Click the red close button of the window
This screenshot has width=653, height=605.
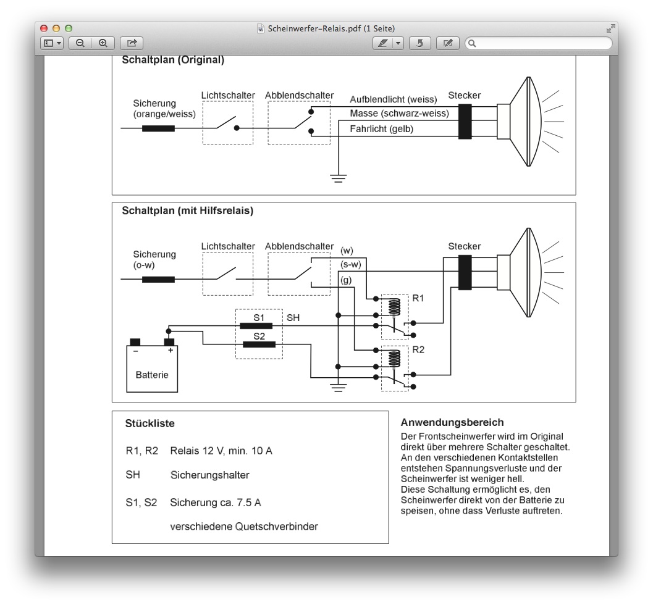[x=44, y=28]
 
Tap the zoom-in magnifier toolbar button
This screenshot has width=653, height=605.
[x=103, y=43]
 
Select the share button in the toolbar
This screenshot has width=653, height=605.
[x=132, y=43]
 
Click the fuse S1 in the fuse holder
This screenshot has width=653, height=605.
[x=256, y=326]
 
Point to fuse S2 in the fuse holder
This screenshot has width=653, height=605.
[x=259, y=344]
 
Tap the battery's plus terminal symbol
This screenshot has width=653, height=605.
[x=171, y=351]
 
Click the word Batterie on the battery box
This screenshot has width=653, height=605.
[x=152, y=375]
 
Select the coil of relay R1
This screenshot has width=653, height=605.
[x=394, y=307]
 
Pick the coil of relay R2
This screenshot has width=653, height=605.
[x=394, y=359]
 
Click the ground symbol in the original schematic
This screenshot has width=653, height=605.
[x=338, y=178]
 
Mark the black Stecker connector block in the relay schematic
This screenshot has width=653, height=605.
[x=465, y=272]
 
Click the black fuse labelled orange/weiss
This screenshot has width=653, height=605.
[x=158, y=128]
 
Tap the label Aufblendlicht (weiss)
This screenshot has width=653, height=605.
[x=393, y=99]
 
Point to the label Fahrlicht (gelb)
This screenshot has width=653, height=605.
[x=381, y=129]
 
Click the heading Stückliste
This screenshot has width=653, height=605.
[x=150, y=423]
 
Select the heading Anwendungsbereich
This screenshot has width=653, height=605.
[x=452, y=423]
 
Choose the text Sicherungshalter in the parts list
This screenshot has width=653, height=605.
[x=210, y=475]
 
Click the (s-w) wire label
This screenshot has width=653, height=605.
[x=351, y=265]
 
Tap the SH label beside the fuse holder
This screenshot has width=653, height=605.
[x=293, y=318]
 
